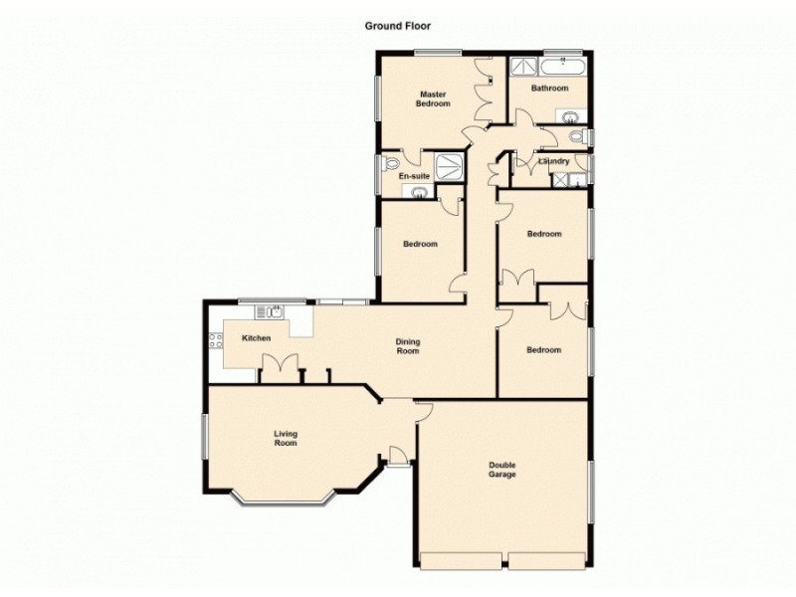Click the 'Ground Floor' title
tap(398, 27)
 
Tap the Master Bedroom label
tap(433, 99)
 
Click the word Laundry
tap(554, 161)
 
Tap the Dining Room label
tap(408, 346)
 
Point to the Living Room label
tap(287, 438)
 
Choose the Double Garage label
tap(502, 469)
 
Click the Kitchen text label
tap(257, 339)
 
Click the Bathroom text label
tap(549, 89)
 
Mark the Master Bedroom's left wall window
tap(377, 98)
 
